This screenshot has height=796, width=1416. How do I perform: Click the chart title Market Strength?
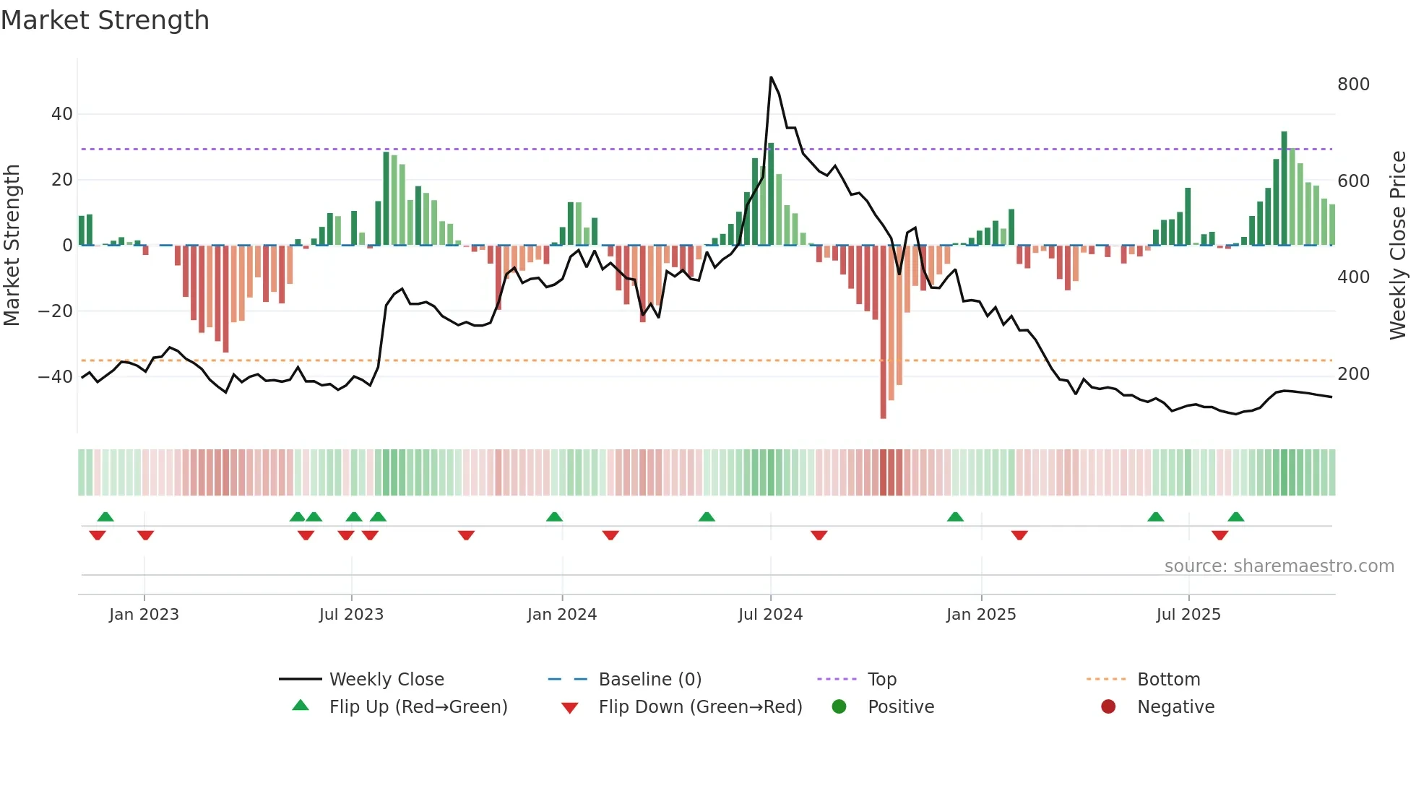tap(105, 20)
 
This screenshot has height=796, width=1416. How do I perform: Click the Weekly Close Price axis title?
tap(1398, 245)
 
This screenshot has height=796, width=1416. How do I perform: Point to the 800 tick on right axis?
tap(1352, 85)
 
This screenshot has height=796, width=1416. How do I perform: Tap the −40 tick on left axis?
tap(56, 376)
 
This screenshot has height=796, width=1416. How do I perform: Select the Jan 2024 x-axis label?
tap(561, 614)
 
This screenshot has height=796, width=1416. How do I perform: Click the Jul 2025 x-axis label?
tap(1188, 614)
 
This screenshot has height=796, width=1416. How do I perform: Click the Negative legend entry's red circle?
tap(1108, 706)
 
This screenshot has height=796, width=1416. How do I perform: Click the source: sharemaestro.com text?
tap(1279, 566)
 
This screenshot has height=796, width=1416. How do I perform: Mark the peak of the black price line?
tap(771, 77)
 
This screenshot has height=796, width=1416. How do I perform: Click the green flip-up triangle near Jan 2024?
tap(554, 516)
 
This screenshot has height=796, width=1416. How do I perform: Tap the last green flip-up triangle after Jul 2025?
tap(1235, 516)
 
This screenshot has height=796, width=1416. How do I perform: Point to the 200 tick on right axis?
tap(1352, 373)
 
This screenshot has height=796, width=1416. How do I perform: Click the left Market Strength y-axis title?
tap(12, 245)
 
